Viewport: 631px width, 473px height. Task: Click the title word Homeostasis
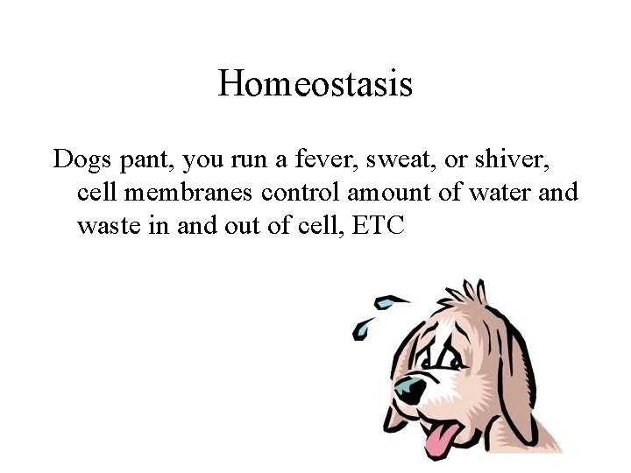point(315,84)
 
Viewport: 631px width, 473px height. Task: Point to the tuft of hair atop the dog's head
point(474,291)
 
